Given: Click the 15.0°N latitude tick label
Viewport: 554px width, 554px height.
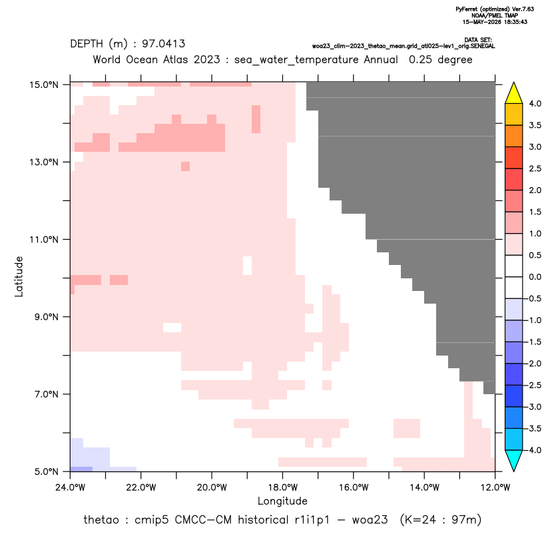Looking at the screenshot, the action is point(44,85).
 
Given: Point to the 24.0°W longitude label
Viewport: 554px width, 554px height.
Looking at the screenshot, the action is point(71,487).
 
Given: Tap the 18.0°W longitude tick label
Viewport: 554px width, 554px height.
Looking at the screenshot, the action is point(282,487).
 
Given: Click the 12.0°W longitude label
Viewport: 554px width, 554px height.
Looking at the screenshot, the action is point(495,487).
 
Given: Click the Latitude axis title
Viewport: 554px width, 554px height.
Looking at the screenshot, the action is point(19,276).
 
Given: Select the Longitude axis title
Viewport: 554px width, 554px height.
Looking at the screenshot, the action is point(282,501).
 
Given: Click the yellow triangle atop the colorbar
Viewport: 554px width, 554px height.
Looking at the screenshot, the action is point(514,93).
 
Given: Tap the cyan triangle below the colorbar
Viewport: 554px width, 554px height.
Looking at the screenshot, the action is point(514,461).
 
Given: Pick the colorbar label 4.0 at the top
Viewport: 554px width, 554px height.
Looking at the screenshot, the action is point(535,103).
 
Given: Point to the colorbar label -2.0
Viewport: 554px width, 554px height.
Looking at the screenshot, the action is point(534,364).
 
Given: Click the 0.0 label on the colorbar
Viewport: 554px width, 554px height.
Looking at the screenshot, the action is point(535,277).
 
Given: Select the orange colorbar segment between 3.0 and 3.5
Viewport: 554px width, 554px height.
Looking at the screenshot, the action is point(514,136).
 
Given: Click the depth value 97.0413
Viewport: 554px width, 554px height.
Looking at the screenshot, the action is point(164,44).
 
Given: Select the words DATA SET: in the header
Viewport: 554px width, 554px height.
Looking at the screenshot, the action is point(478,40).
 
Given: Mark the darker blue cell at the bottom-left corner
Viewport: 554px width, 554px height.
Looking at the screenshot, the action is point(82,469).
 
